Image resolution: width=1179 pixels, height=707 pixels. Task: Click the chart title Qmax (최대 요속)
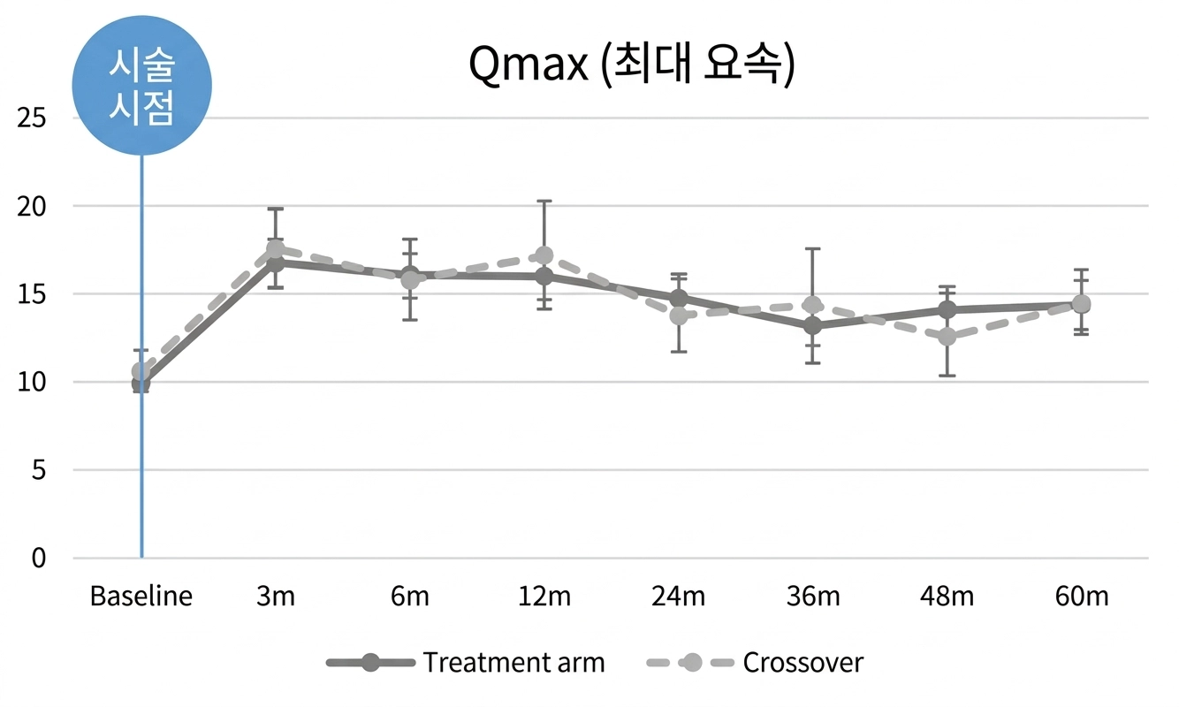pos(631,67)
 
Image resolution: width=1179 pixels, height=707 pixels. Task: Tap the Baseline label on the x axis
pos(141,597)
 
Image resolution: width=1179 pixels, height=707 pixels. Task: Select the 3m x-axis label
pos(276,597)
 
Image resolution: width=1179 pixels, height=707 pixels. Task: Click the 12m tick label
pos(544,597)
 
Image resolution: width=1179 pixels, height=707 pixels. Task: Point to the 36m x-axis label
pos(813,597)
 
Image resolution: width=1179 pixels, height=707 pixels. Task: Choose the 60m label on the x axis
pos(1081,597)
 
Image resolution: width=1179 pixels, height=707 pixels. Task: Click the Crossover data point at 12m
pos(544,256)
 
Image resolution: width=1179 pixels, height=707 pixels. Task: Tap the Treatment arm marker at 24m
pos(679,298)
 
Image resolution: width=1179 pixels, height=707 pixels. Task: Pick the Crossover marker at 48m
pos(947,337)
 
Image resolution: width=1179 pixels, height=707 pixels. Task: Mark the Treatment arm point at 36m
pos(813,326)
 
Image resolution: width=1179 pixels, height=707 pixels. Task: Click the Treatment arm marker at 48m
pos(947,310)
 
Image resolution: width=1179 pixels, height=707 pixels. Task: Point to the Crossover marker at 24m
pos(679,315)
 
